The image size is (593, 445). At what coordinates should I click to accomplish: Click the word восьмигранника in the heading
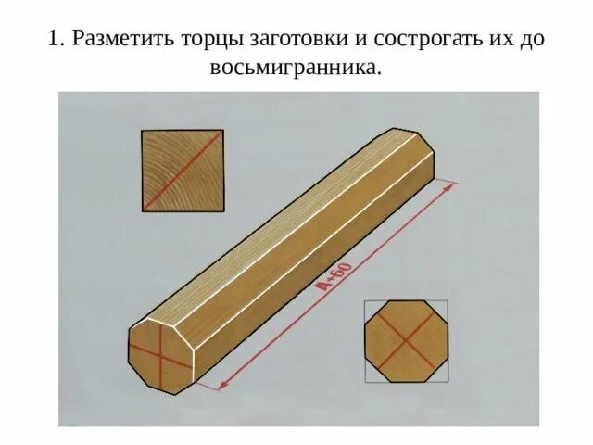click(x=296, y=70)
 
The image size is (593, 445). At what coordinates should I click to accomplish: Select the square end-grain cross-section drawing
click(x=183, y=171)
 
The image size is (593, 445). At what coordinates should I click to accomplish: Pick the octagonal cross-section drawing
click(x=406, y=341)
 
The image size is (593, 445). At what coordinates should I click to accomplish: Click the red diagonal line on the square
click(x=183, y=171)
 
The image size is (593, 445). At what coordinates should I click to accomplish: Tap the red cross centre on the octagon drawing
click(x=406, y=342)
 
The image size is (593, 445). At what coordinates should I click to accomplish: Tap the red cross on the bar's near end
click(x=159, y=354)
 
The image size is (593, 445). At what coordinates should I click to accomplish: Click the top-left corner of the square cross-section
click(x=143, y=132)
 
